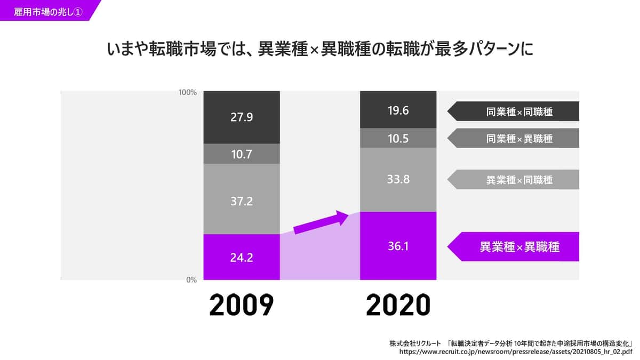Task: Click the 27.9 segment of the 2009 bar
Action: click(x=242, y=117)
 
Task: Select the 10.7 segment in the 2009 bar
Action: click(x=242, y=154)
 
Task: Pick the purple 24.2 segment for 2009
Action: click(x=242, y=257)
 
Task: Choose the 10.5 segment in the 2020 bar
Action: click(x=398, y=138)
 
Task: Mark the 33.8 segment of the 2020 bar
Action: click(x=398, y=180)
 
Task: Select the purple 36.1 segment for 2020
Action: click(x=398, y=246)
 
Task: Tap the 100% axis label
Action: click(x=188, y=92)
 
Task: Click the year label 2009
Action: click(x=241, y=306)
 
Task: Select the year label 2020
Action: click(x=398, y=306)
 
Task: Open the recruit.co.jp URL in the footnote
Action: click(x=515, y=352)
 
